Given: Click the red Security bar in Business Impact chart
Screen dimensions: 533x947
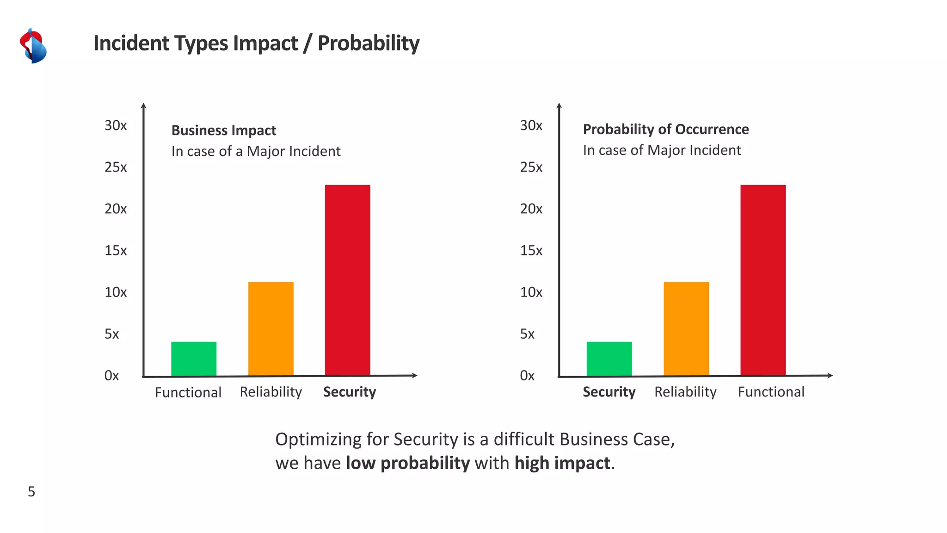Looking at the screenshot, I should pyautogui.click(x=347, y=280).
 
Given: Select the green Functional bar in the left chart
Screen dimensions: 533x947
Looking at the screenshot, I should pyautogui.click(x=194, y=359).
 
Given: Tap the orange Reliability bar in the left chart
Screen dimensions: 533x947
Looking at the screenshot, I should pyautogui.click(x=271, y=328).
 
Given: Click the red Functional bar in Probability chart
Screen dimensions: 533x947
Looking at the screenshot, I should pyautogui.click(x=763, y=280).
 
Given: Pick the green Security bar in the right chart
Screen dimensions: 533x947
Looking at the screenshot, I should pyautogui.click(x=609, y=359).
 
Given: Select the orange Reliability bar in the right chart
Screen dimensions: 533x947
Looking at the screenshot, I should pyautogui.click(x=686, y=328).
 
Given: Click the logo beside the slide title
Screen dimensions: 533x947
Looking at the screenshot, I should pyautogui.click(x=33, y=45).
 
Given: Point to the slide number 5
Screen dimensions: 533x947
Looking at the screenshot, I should pyautogui.click(x=31, y=491).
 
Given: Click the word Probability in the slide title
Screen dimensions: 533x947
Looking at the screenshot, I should pyautogui.click(x=368, y=43).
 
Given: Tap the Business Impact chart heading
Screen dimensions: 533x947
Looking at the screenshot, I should pyautogui.click(x=223, y=130).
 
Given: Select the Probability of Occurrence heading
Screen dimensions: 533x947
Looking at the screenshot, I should pyautogui.click(x=665, y=129).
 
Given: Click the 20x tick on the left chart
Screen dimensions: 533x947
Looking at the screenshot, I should pyautogui.click(x=116, y=209).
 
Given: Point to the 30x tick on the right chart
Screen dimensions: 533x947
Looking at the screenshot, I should pyautogui.click(x=531, y=125).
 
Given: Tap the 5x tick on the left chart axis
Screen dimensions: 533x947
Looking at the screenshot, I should pyautogui.click(x=112, y=334).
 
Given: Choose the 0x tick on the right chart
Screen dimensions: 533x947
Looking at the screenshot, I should pyautogui.click(x=527, y=375).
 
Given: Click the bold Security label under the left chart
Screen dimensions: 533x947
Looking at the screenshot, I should pyautogui.click(x=350, y=392).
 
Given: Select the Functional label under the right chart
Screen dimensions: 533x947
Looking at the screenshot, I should pyautogui.click(x=771, y=392).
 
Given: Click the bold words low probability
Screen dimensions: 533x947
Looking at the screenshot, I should pyautogui.click(x=407, y=463).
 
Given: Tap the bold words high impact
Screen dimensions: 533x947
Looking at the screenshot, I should pyautogui.click(x=562, y=463).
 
